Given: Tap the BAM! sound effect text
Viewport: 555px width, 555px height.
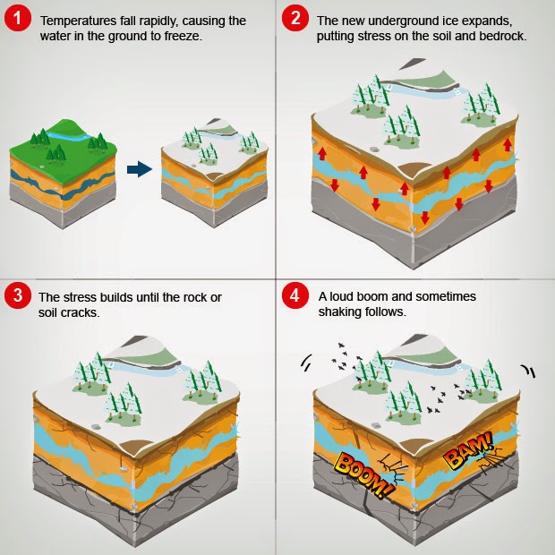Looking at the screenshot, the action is point(467,450).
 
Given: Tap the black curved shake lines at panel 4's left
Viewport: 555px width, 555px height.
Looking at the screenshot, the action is point(306,363).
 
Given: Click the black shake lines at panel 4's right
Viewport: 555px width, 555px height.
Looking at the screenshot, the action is point(528,371).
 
